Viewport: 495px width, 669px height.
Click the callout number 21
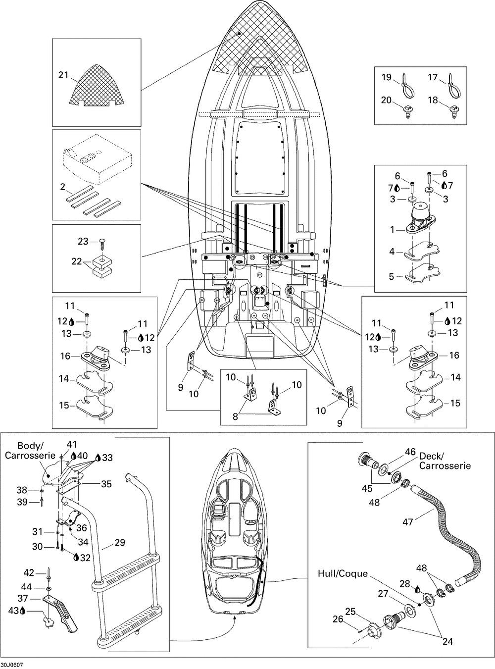point(63,75)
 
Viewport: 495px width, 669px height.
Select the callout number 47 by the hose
point(407,522)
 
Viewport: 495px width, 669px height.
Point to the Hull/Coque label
point(343,573)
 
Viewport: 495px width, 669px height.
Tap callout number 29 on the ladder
point(120,542)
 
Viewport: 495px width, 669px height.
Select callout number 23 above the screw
point(83,241)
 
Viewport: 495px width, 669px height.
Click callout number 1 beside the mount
point(392,230)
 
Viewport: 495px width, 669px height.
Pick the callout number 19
point(387,77)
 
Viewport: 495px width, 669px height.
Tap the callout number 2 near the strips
point(62,187)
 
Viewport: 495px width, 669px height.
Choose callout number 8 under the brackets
point(235,416)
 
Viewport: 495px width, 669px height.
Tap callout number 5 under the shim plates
point(392,276)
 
